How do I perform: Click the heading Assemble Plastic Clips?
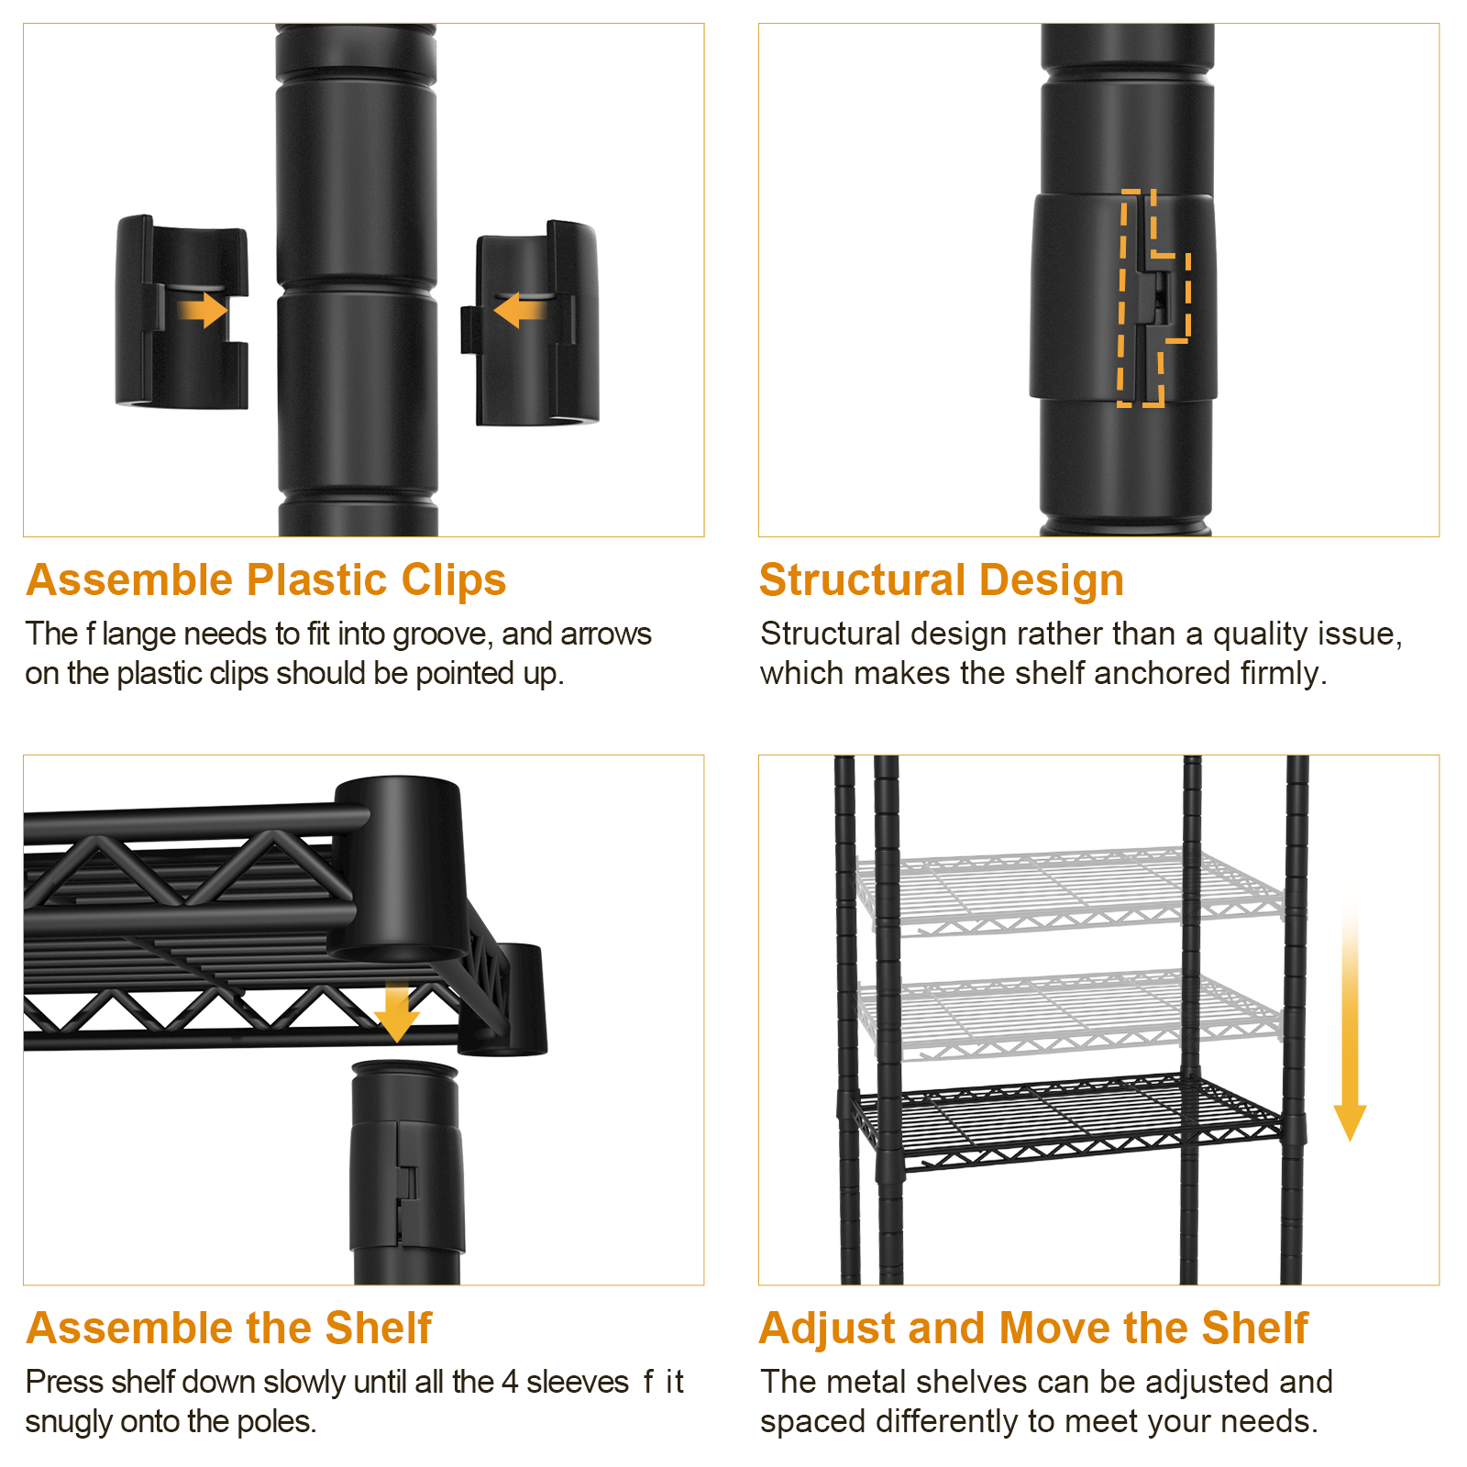click(x=266, y=580)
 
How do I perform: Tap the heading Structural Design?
click(x=942, y=580)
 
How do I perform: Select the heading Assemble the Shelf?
click(x=229, y=1328)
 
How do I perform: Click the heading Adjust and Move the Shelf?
click(x=1034, y=1328)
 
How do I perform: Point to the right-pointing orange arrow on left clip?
click(x=203, y=310)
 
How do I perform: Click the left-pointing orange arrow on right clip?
click(x=520, y=310)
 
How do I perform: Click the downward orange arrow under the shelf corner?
click(x=397, y=1012)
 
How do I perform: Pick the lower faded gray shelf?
click(x=1068, y=1015)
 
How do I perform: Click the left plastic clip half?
click(x=182, y=313)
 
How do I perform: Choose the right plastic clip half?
click(x=530, y=323)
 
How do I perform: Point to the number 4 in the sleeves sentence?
click(x=510, y=1382)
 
